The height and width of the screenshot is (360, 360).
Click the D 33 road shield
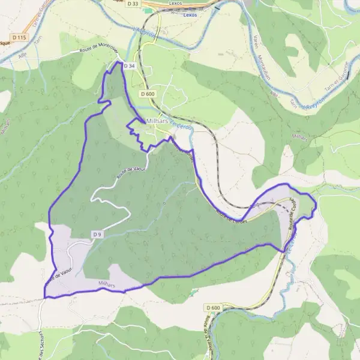[x=133, y=4]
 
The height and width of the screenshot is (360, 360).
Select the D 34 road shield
[x=129, y=65]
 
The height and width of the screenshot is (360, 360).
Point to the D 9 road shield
[x=97, y=233]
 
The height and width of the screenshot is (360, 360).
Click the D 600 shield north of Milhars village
[x=148, y=94]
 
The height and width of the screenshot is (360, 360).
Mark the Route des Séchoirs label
[x=41, y=344]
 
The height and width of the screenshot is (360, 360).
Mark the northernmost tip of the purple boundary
[x=115, y=61]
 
